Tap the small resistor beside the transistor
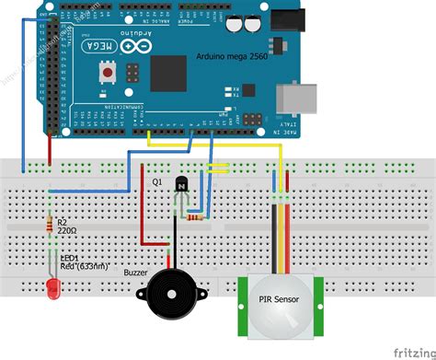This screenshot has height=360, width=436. point(195,217)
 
